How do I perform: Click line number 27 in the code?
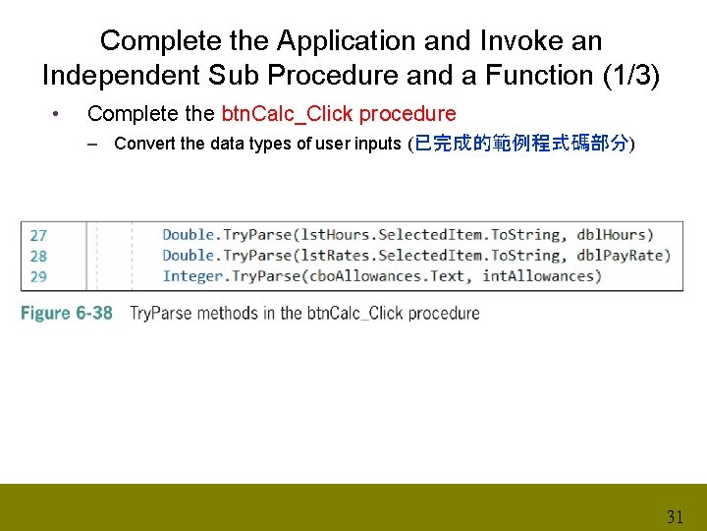pos(38,235)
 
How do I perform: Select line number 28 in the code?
pos(38,256)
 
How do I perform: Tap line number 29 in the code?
pos(38,276)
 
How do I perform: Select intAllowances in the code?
pos(539,276)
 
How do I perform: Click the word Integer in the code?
pos(192,276)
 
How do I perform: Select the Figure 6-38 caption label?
pos(67,314)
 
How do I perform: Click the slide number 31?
pos(675,516)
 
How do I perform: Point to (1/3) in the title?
pos(628,75)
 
